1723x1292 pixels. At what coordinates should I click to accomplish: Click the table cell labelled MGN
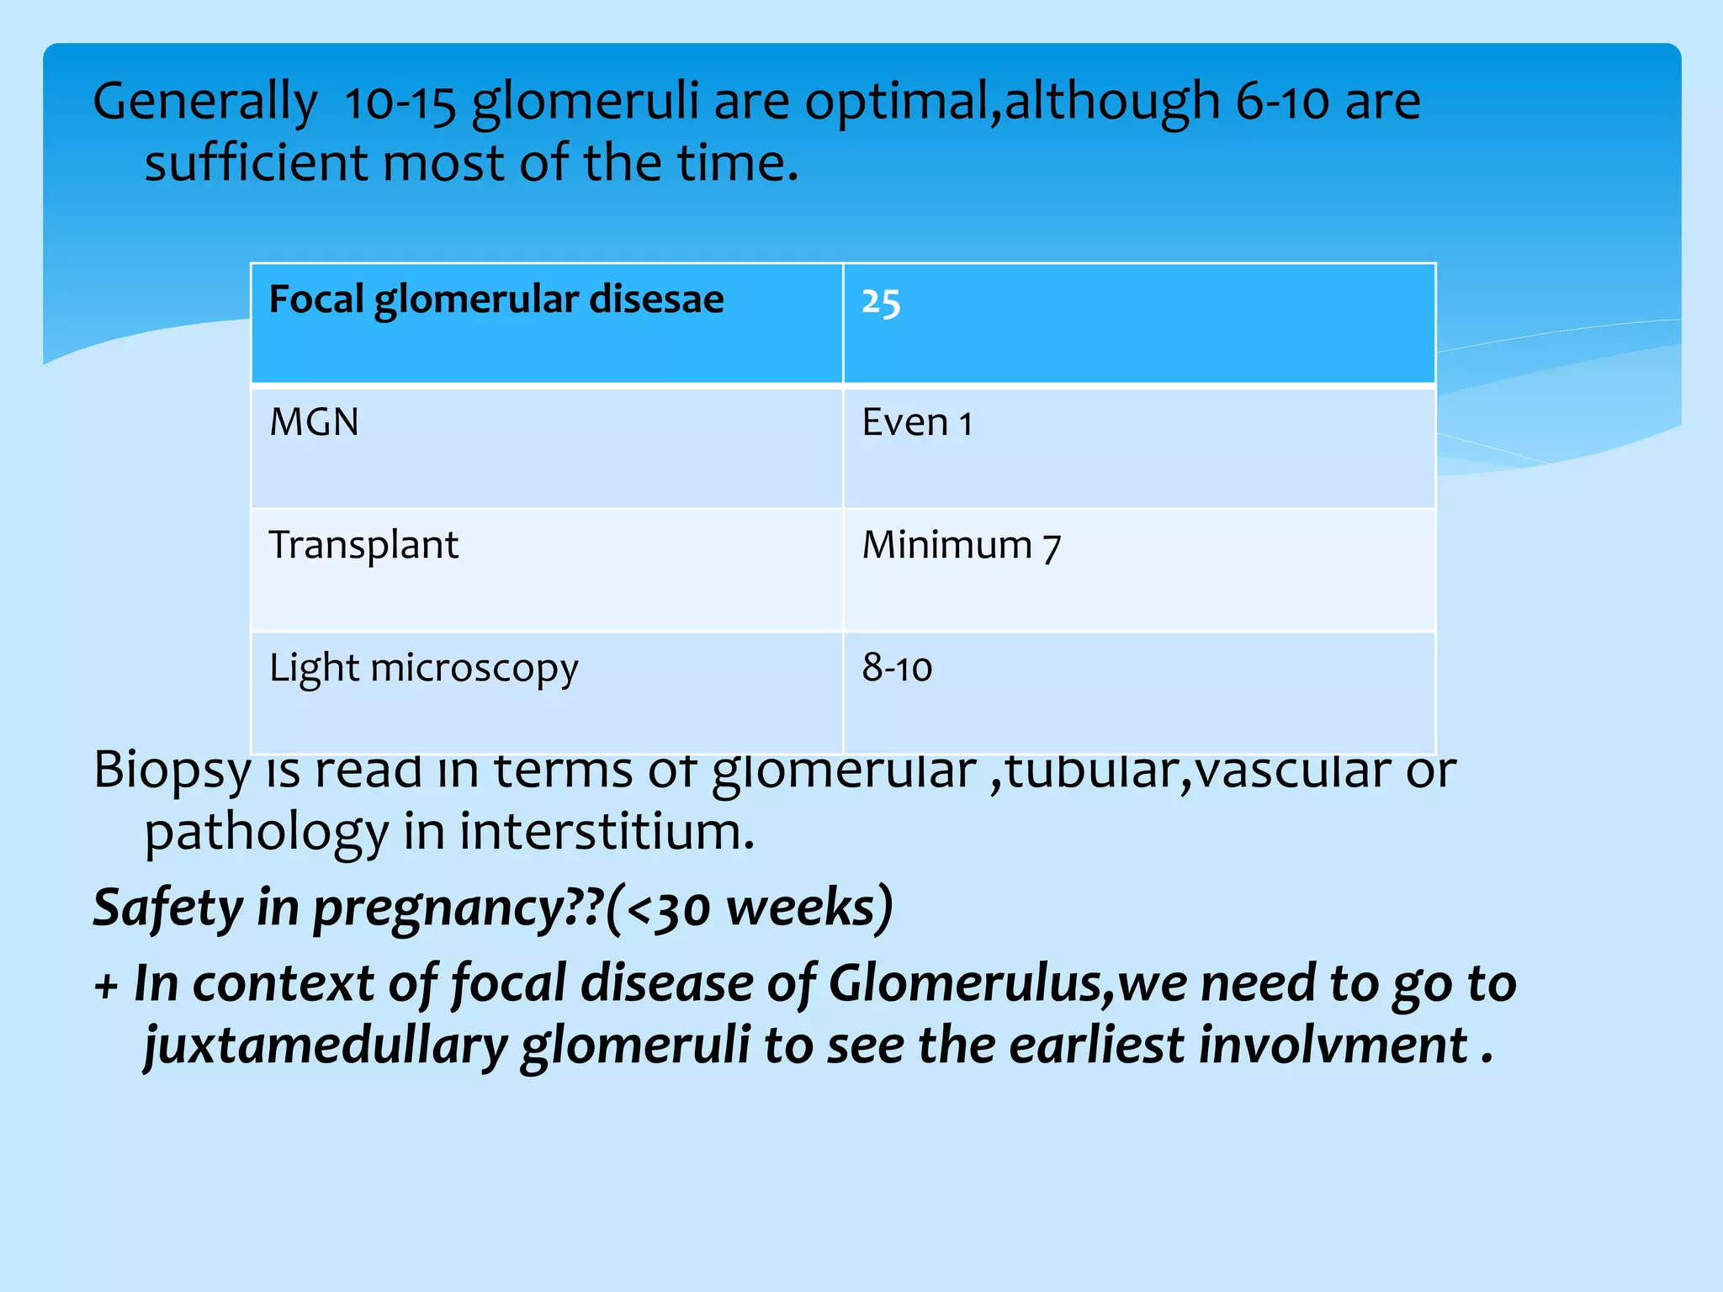pos(314,422)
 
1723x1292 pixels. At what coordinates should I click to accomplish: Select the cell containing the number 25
pos(881,302)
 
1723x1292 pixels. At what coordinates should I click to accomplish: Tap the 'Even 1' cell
pos(917,422)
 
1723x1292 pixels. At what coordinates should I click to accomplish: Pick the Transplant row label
pos(363,545)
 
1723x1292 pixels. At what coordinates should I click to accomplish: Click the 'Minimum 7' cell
pos(962,546)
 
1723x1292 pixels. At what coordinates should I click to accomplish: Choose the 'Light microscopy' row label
pos(423,669)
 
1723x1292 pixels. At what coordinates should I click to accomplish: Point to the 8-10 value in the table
pos(897,669)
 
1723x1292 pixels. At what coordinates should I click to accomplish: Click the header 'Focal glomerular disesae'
pos(496,300)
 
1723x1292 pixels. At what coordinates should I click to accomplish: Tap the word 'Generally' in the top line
pos(205,103)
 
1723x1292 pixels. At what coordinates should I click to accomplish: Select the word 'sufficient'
pos(256,163)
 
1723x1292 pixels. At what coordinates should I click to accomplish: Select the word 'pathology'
pos(267,834)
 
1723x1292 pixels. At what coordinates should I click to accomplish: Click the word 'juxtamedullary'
pos(325,1046)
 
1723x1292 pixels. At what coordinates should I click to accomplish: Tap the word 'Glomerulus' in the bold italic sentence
pos(964,983)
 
